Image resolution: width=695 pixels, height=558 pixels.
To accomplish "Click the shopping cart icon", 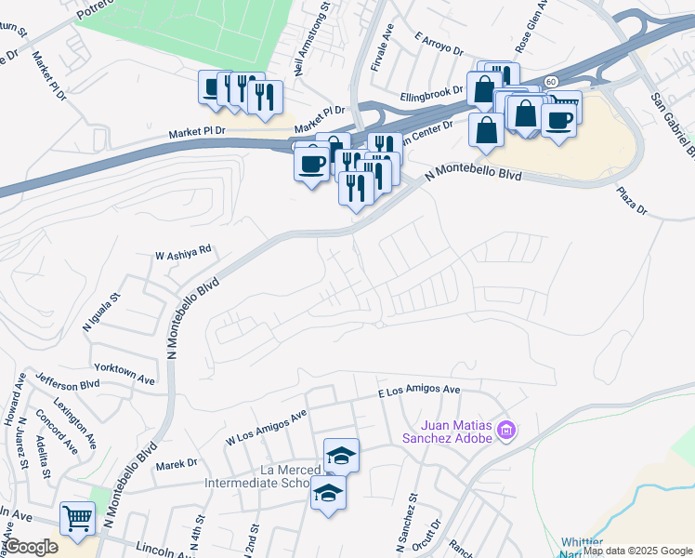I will click(x=77, y=517).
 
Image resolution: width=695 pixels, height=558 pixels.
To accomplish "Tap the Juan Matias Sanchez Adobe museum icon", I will click(x=506, y=431).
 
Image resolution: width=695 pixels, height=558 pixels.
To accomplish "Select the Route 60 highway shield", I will click(x=551, y=82).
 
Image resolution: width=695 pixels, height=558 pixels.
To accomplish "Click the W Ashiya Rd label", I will click(x=184, y=250).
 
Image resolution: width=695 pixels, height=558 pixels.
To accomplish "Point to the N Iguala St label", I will click(x=102, y=312).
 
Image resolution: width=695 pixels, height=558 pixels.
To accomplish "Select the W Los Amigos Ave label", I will click(x=266, y=426).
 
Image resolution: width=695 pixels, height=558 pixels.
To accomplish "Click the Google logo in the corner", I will click(x=31, y=547).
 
